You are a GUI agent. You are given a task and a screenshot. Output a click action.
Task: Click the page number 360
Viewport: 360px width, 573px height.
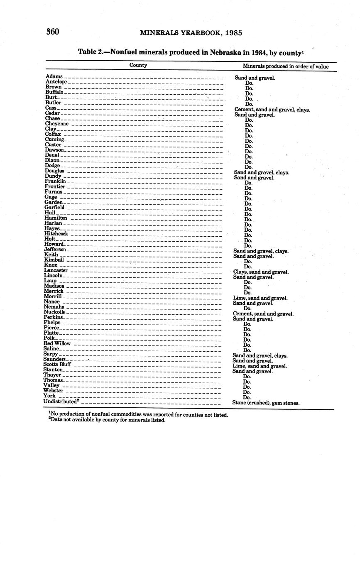coord(53,32)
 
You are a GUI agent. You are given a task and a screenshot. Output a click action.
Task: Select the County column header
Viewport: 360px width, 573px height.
coord(138,65)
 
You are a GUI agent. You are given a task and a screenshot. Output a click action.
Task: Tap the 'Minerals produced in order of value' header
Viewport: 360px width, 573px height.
coord(286,66)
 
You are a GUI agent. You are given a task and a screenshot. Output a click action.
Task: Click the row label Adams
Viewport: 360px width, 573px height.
coord(54,76)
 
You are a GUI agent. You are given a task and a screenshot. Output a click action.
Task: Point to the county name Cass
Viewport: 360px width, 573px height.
coord(51,108)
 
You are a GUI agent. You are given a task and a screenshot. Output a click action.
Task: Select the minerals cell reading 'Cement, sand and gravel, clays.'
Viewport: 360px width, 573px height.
coord(272,110)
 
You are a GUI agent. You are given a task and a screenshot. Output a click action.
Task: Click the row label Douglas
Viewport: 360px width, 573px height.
coord(54,171)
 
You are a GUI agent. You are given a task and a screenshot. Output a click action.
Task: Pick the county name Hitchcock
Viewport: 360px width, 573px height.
coord(56,234)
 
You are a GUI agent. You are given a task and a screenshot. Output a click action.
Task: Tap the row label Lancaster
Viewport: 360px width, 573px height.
coord(56,270)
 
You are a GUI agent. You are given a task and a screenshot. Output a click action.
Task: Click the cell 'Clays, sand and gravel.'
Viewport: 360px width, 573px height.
coord(261,272)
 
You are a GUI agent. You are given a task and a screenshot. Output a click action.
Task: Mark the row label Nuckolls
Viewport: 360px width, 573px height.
coord(54,312)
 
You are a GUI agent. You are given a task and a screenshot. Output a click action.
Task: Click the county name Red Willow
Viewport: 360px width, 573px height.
coord(57,343)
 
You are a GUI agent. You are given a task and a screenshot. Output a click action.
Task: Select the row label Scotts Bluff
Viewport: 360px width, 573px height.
coord(57,364)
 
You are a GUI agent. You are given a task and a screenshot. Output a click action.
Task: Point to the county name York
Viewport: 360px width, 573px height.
coord(49,396)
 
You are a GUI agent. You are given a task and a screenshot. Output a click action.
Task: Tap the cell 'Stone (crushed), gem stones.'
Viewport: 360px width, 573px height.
coord(266,403)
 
